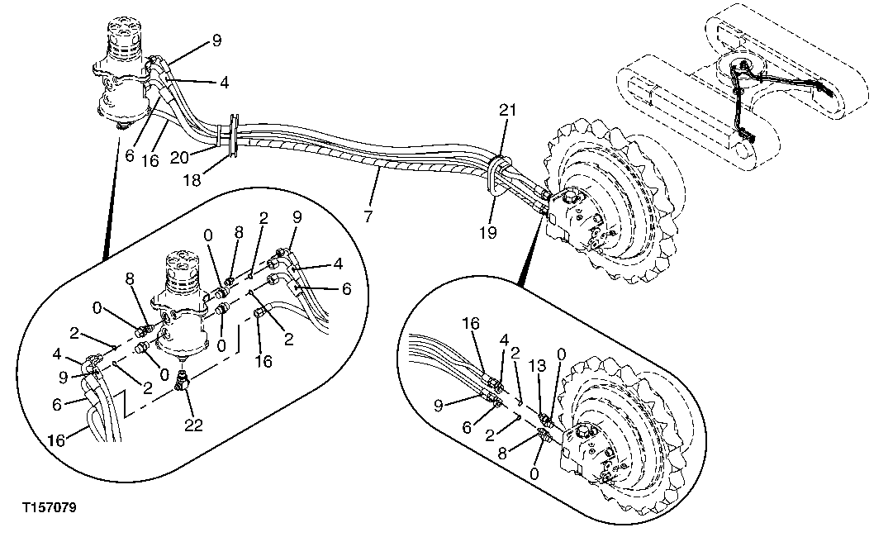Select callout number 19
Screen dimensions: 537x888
coord(488,233)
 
